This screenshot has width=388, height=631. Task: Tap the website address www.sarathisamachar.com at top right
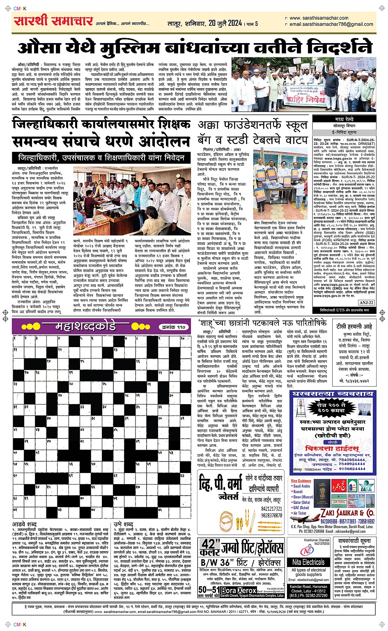tap(319, 18)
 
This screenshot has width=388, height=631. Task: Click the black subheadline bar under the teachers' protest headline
tap(101, 158)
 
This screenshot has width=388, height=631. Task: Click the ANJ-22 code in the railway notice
tap(366, 303)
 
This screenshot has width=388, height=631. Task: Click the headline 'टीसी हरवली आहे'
tap(354, 327)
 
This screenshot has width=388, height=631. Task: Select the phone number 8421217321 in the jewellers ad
tap(271, 509)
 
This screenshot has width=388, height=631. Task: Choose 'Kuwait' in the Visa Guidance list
tap(298, 492)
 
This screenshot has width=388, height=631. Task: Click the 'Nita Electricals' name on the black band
tap(308, 562)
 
